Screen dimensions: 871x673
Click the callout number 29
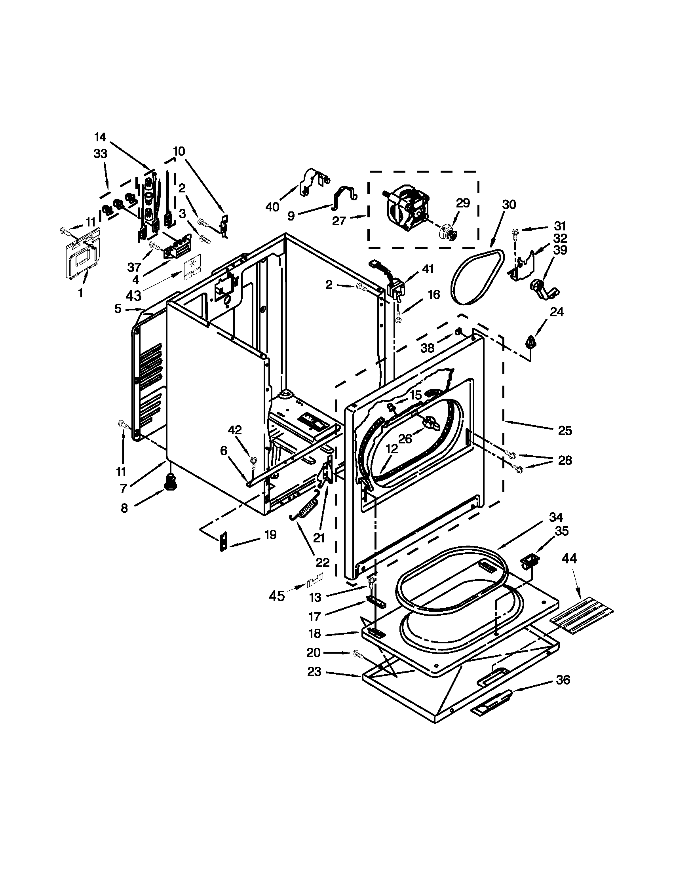(463, 203)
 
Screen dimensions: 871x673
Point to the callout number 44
(569, 559)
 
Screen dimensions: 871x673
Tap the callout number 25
(565, 431)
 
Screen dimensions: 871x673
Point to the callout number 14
(100, 137)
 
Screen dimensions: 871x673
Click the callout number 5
(118, 308)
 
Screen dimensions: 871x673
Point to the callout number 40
(272, 207)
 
